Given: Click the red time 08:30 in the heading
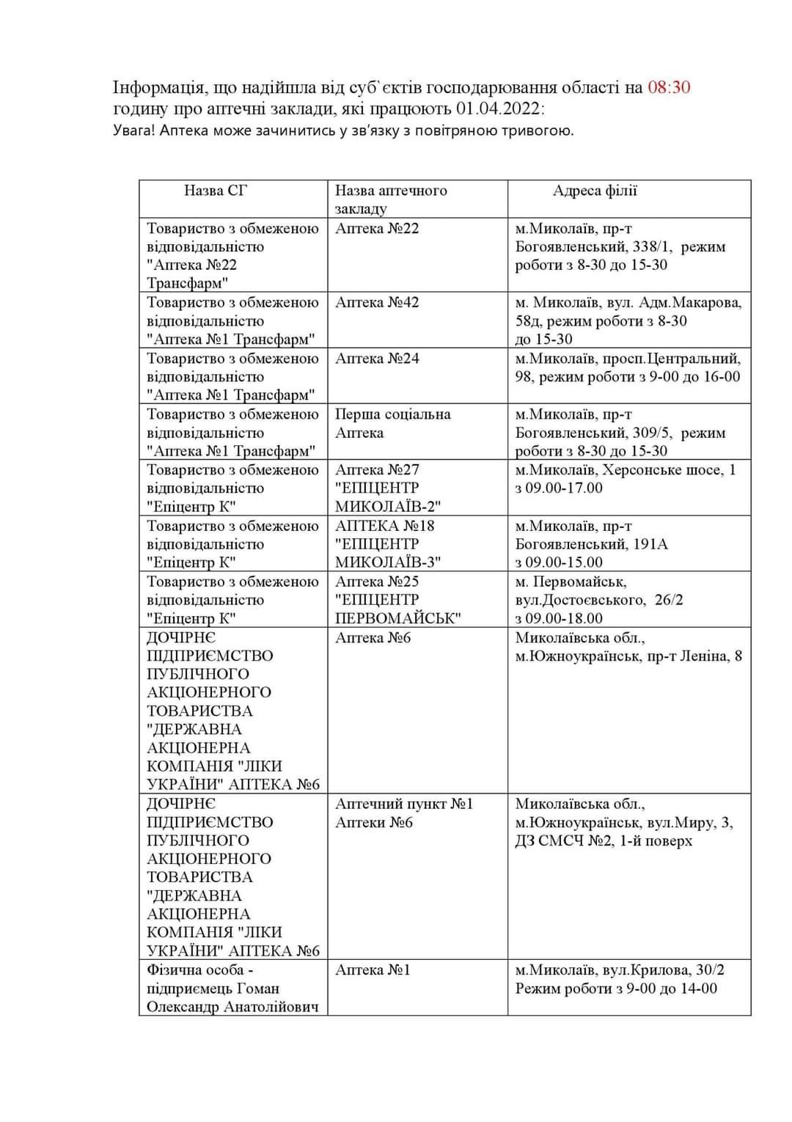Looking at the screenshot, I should click(668, 88).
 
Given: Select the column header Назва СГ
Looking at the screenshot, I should click(216, 191).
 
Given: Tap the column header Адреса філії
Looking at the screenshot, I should click(595, 191).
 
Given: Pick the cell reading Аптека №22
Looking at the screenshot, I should click(377, 229).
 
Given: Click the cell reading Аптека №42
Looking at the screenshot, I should click(377, 303).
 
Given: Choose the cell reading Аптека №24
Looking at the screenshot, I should click(377, 359).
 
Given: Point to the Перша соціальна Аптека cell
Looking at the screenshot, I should click(392, 424).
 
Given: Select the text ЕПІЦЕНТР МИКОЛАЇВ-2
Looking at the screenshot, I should click(388, 497).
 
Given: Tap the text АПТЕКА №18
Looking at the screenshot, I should click(384, 526).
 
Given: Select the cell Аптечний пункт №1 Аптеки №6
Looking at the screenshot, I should click(403, 813).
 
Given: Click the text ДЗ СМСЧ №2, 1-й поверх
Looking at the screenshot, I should click(603, 840).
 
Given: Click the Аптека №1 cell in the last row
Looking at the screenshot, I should click(373, 970).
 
